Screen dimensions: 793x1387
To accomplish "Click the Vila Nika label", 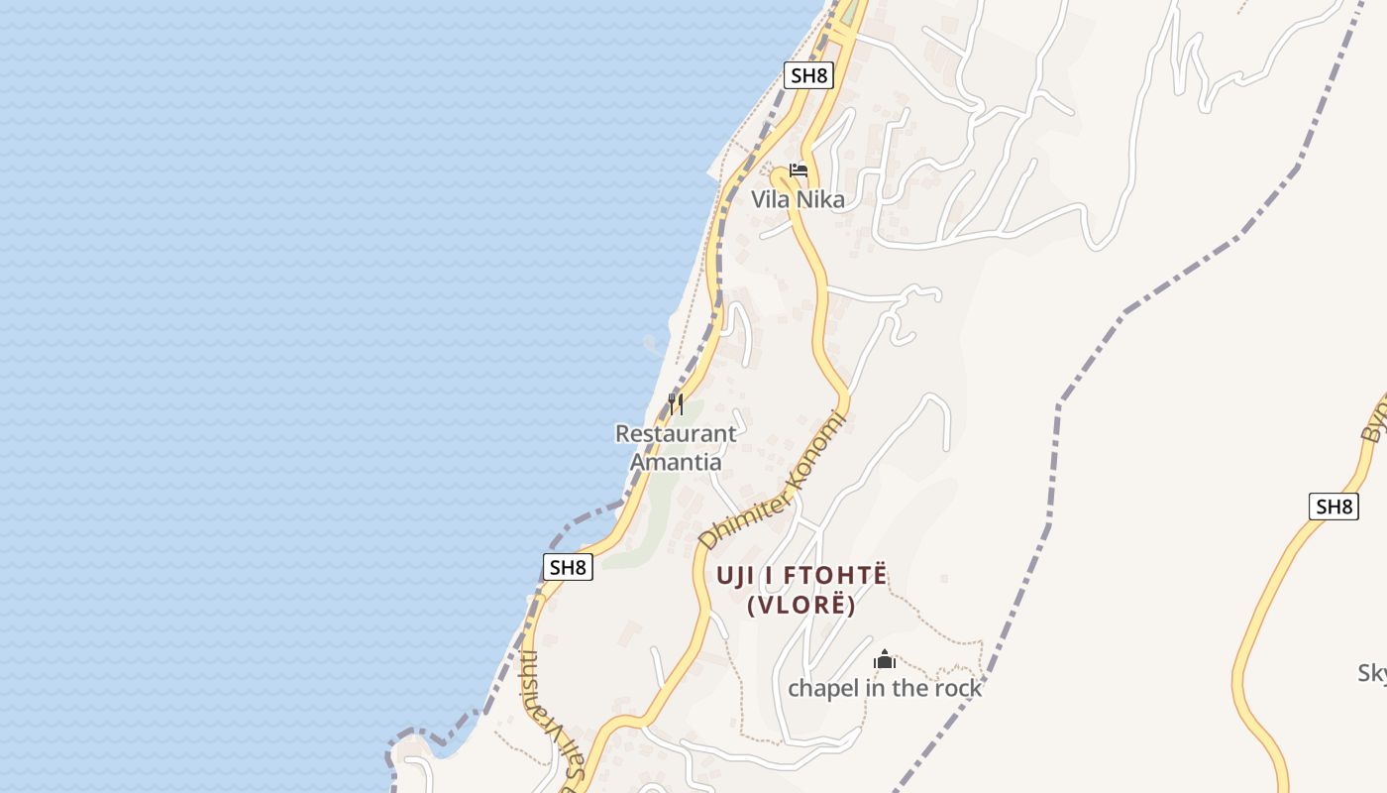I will pos(798,199).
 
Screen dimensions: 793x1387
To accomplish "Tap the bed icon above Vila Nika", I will pos(799,170).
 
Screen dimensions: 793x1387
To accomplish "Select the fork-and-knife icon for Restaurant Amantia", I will pos(676,403).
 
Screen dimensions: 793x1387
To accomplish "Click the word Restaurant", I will pos(676,433).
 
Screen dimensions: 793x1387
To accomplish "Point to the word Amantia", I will pos(676,462).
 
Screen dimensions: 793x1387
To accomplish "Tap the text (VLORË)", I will pos(801,605).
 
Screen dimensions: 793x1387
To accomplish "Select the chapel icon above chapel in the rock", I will pos(885,660).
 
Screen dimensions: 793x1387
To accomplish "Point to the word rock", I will pos(956,688).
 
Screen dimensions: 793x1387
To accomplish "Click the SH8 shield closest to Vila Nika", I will pos(808,75).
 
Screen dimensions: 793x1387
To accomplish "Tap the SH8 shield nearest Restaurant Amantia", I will pos(569,567).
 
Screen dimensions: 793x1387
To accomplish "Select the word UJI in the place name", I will pos(739,575).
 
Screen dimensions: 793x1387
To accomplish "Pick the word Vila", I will pos(770,199).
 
